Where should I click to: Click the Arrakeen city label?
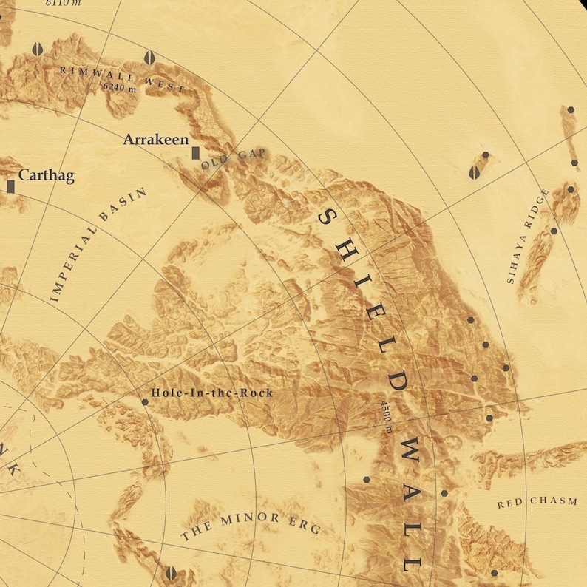(155, 139)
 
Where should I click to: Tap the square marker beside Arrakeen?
(195, 152)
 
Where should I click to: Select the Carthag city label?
(46, 175)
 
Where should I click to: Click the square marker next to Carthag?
(11, 186)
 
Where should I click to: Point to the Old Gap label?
(233, 159)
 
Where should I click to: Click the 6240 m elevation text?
(120, 86)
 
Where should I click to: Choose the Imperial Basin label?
(98, 245)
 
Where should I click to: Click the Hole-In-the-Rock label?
(211, 393)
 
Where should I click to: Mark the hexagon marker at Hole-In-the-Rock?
(145, 402)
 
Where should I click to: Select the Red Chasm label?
(537, 503)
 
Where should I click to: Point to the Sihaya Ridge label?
(529, 236)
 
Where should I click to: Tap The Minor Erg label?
(251, 524)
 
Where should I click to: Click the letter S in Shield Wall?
(326, 216)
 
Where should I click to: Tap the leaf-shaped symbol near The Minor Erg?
(171, 572)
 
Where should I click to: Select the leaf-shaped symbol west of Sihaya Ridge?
(474, 172)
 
